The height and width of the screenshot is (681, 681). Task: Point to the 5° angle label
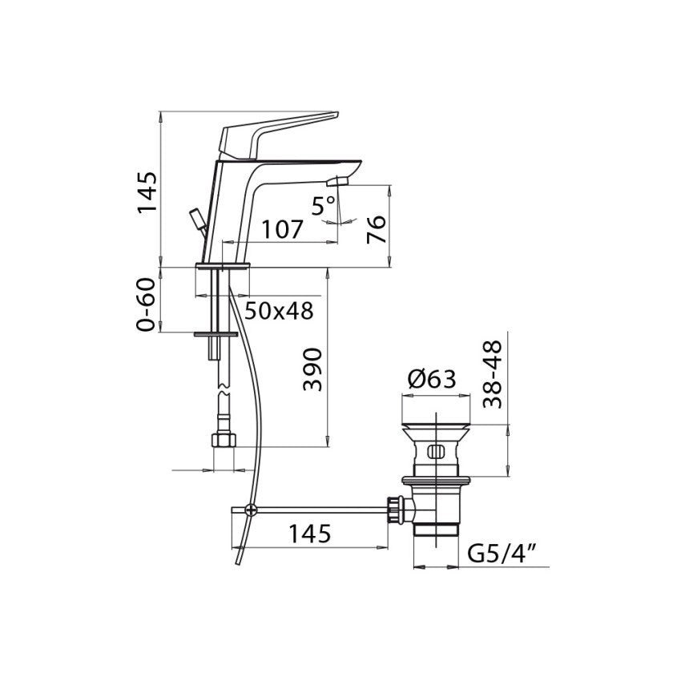324,207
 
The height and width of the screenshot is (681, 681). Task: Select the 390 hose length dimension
313,369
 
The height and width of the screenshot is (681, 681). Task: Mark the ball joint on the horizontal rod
251,509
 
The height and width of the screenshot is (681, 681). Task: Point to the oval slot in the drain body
435,451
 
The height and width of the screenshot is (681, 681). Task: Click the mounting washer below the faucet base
216,332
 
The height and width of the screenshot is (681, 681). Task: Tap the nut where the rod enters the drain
393,509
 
